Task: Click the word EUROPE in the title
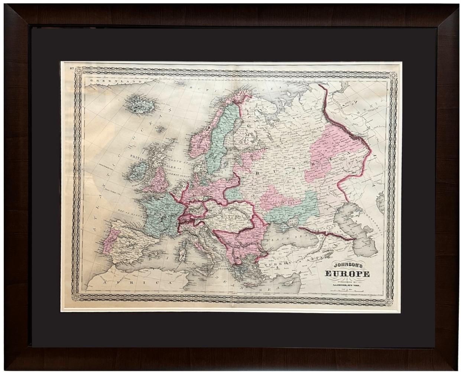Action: coord(347,275)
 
